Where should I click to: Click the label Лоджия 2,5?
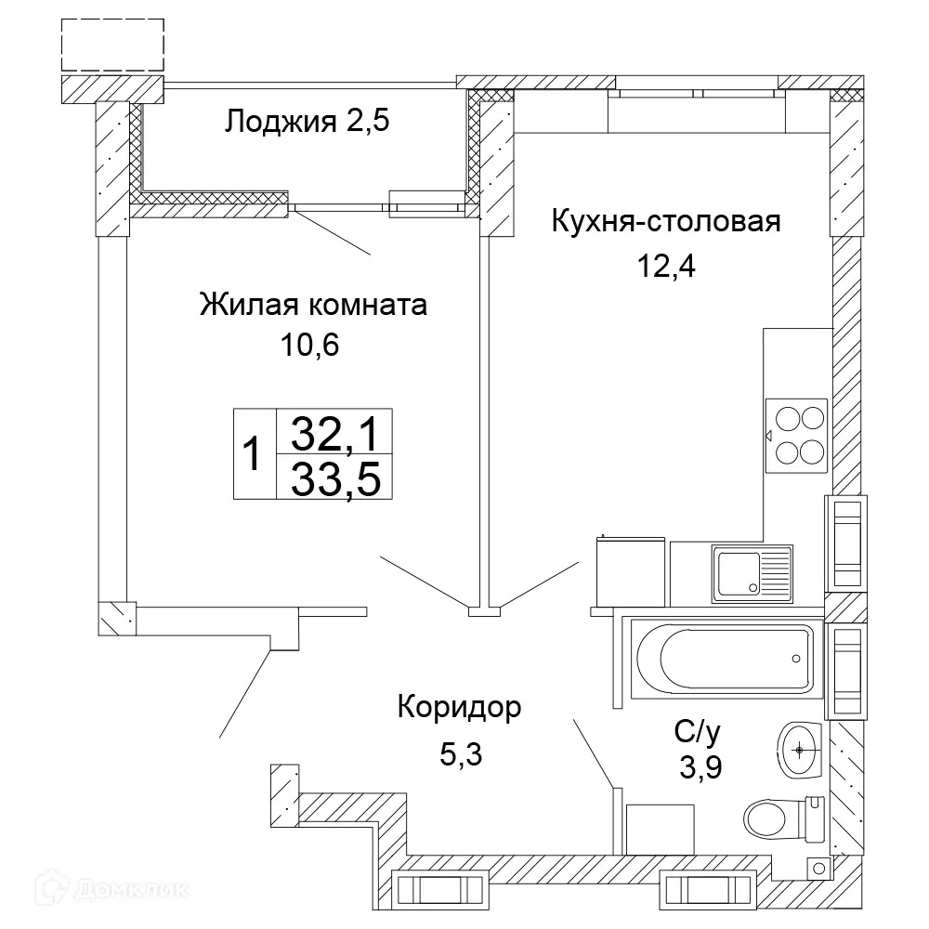point(305,121)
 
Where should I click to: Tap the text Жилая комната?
point(313,305)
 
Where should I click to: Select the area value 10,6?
point(310,346)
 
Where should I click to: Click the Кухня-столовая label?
point(664,223)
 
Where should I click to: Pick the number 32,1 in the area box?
point(336,432)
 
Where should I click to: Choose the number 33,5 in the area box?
point(336,479)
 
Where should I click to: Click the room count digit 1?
point(251,456)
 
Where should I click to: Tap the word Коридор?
point(459,708)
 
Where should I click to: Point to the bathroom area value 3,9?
point(700,768)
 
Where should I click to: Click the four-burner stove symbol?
point(797,434)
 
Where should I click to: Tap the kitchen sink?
point(752,571)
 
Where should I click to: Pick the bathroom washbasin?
point(799,748)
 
